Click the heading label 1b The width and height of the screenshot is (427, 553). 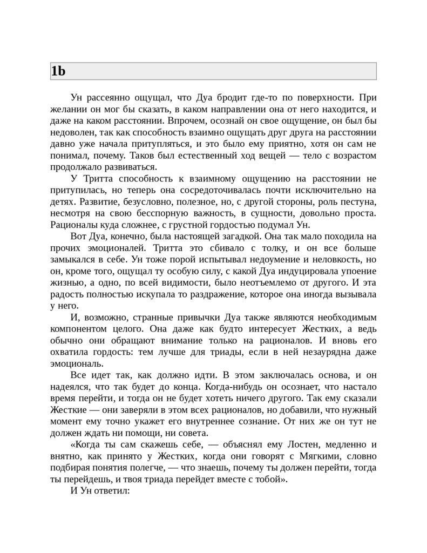(x=58, y=71)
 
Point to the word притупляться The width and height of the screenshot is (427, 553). (x=165, y=144)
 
